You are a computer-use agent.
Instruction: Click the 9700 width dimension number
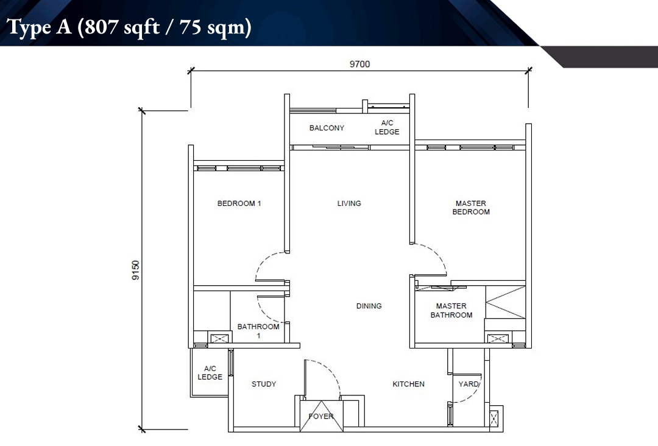359,64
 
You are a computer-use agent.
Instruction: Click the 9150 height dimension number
135,270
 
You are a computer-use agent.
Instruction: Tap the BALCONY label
327,128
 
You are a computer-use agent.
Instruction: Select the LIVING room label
349,204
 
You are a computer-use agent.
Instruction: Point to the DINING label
369,306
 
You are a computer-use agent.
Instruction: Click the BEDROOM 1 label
239,204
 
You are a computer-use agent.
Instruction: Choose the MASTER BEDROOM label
471,208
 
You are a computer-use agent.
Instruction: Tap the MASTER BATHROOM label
451,311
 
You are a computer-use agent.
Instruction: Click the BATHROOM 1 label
258,331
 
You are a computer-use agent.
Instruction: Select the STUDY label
264,384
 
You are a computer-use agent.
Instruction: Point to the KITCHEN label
408,384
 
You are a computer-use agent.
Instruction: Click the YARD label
469,384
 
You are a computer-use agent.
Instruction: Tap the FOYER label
321,416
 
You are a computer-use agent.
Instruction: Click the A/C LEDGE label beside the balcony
387,127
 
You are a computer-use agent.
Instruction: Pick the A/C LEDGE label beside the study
210,372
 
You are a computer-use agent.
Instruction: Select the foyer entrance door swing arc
331,370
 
